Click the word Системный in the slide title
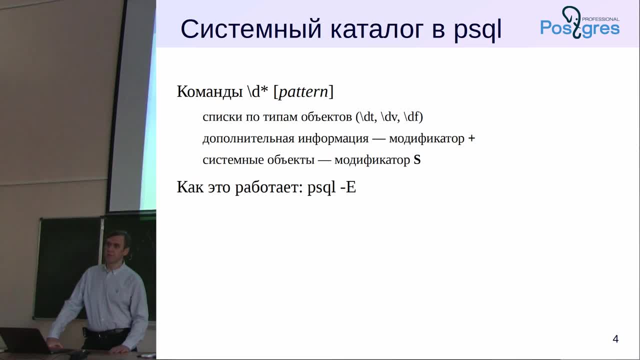pos(251,29)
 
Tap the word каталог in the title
pos(376,29)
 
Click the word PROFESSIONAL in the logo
pos(600,19)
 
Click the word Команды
pos(209,91)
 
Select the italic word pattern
pos(303,91)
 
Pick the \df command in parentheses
pos(411,117)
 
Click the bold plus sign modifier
pos(471,138)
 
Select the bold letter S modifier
pos(417,160)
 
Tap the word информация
pos(333,139)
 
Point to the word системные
pos(233,160)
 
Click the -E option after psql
pos(348,187)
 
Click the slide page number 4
pos(615,339)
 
